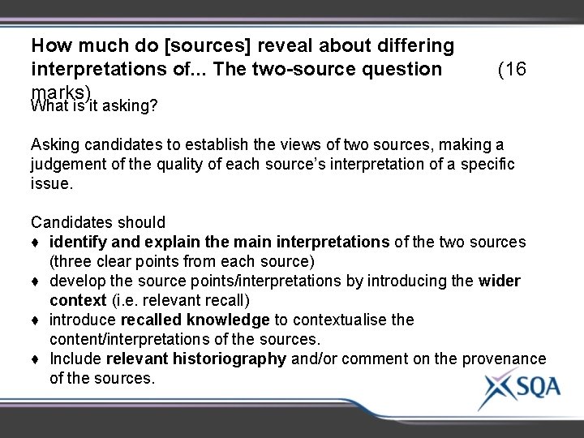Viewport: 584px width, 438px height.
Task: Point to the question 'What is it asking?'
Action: tap(93, 105)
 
